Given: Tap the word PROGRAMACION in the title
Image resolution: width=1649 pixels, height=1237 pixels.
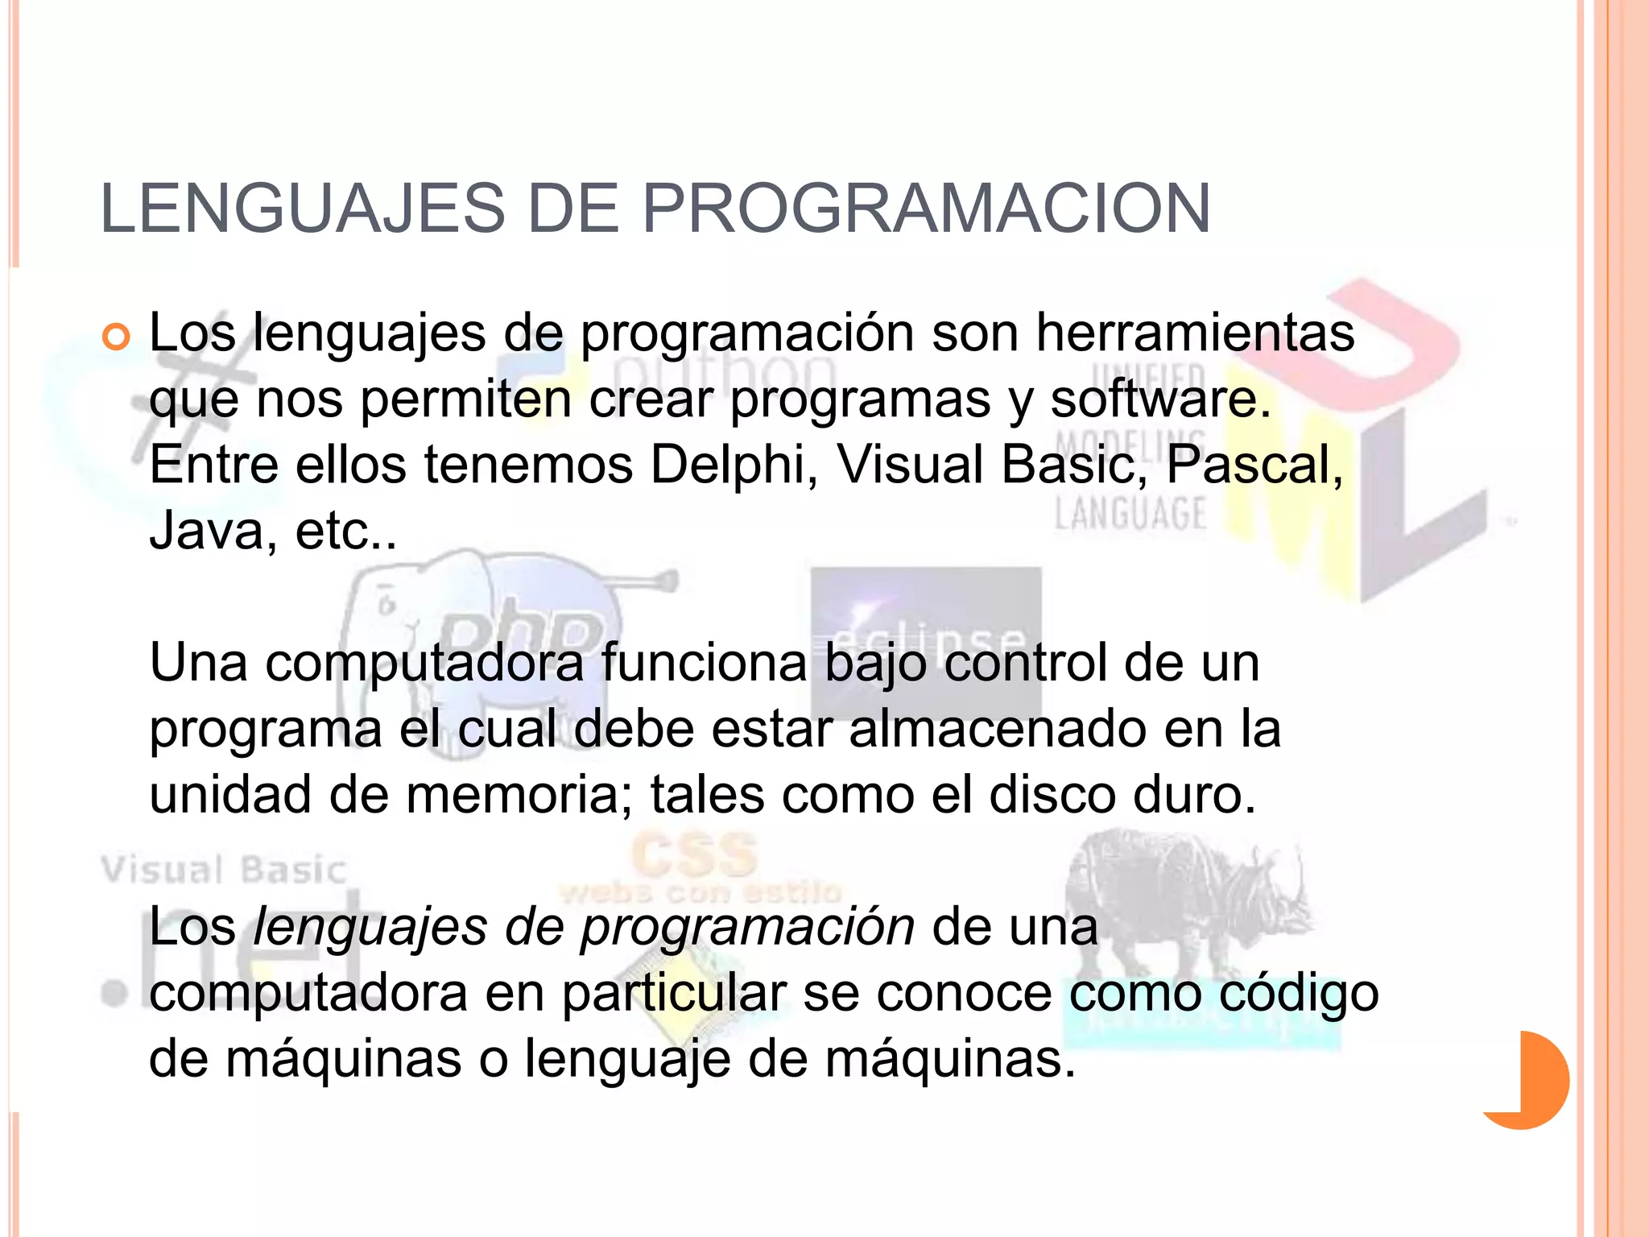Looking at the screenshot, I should tap(925, 209).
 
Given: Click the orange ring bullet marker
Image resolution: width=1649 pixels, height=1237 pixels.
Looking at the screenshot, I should tap(116, 337).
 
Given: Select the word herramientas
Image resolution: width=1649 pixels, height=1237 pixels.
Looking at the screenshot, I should tap(1195, 333).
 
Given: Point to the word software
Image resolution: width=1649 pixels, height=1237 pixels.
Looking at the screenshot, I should tap(1159, 399).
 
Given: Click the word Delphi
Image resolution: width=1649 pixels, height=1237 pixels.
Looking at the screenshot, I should tap(728, 465).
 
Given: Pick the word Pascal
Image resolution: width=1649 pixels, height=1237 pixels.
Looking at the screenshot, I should tap(1254, 465).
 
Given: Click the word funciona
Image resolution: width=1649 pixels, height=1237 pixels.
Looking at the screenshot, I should tap(704, 664).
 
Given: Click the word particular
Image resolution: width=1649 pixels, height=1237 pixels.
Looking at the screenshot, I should tap(673, 994).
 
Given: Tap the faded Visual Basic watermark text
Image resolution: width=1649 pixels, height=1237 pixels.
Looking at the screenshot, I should tap(224, 871).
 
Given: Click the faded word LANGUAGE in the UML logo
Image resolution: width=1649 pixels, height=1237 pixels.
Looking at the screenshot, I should tap(1130, 515).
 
